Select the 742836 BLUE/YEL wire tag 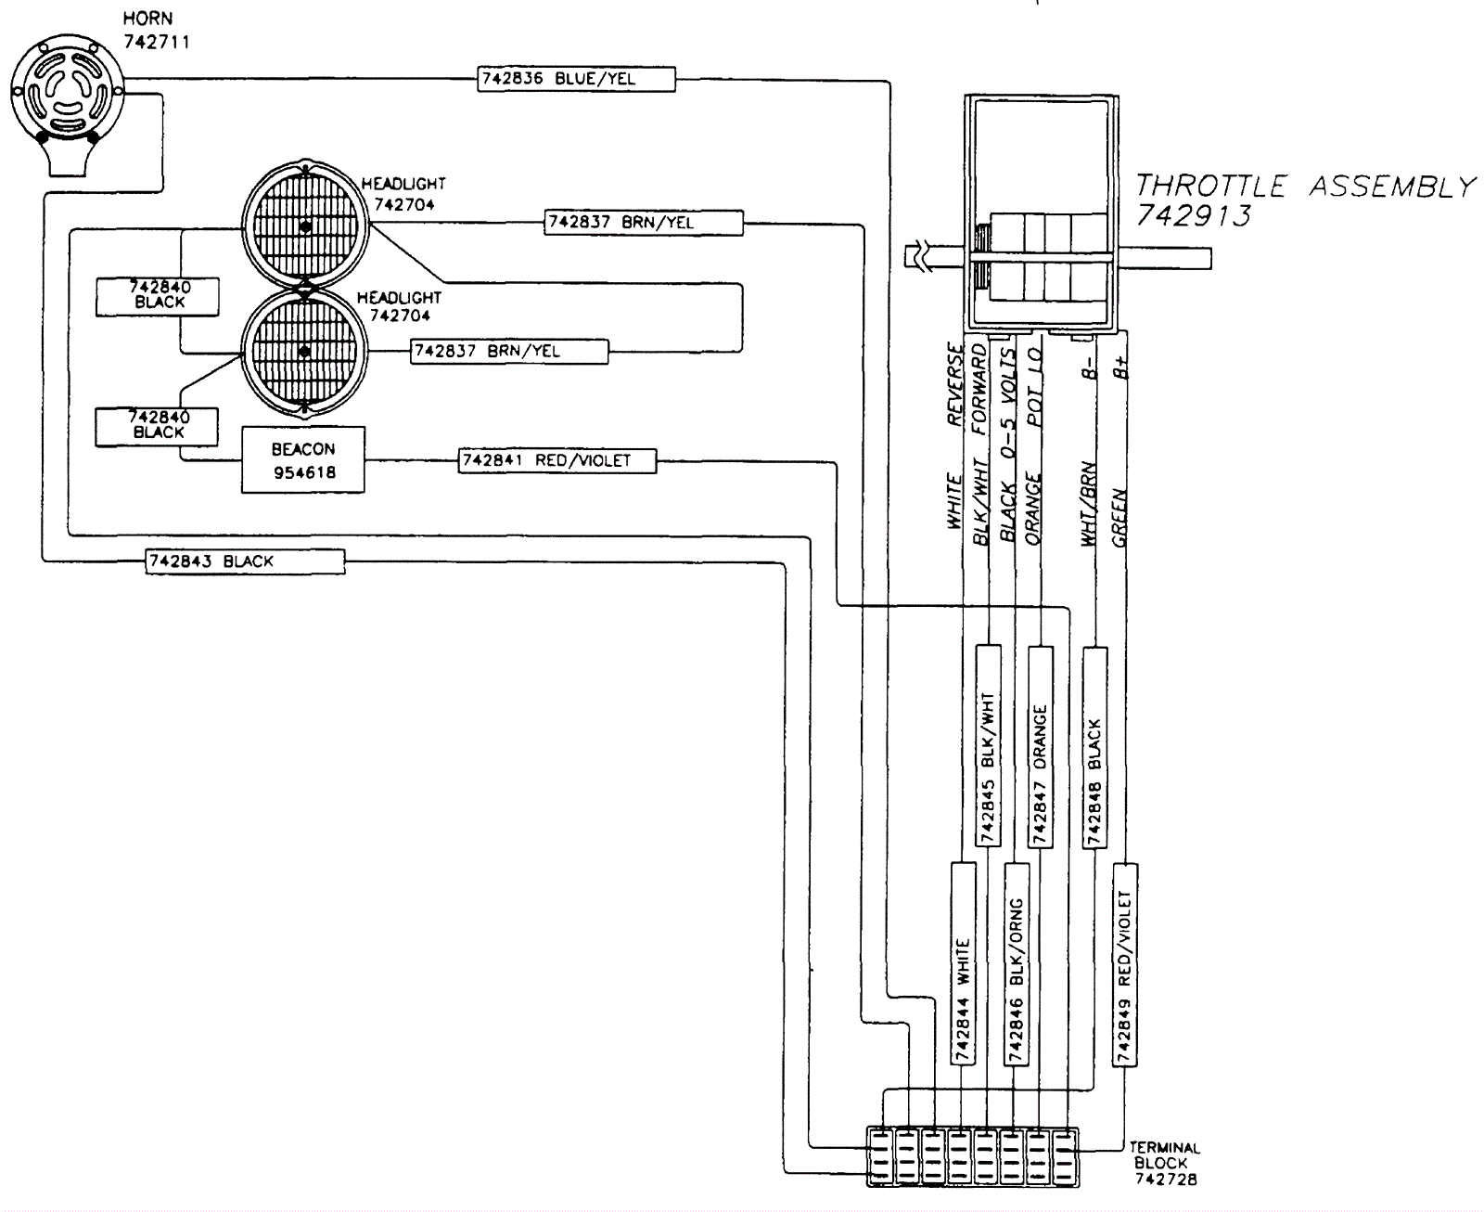tap(577, 79)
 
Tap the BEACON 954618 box tap(303, 460)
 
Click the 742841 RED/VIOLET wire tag tap(557, 460)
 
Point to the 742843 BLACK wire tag tap(246, 561)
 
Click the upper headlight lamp tap(305, 226)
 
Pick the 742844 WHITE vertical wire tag tap(964, 963)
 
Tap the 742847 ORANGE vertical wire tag tap(1041, 746)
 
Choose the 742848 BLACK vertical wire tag tap(1095, 748)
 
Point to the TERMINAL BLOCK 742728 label tap(1165, 1164)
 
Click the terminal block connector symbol tap(973, 1156)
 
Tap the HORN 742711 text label tap(156, 30)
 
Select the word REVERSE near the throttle tap(955, 384)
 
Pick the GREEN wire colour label tap(1119, 517)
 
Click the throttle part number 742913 tap(1194, 215)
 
